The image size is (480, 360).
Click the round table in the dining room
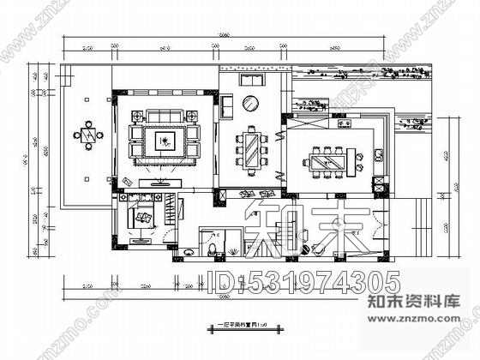click(250, 105)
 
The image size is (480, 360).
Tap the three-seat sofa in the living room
click(162, 117)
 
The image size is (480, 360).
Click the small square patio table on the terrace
click(87, 134)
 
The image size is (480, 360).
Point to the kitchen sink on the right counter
click(378, 156)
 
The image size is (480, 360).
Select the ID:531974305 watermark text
click(304, 280)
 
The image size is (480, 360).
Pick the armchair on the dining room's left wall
click(226, 105)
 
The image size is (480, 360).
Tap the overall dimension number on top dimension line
click(224, 34)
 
